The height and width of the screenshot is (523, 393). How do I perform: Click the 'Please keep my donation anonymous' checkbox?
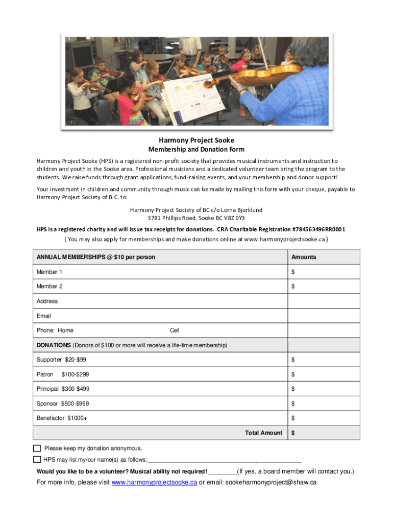click(x=37, y=448)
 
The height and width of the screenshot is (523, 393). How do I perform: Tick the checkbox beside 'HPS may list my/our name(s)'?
click(x=37, y=459)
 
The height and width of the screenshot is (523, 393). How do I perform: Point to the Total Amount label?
click(x=263, y=433)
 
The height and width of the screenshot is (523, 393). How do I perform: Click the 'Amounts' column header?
click(x=304, y=257)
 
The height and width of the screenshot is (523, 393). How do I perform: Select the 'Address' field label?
click(x=47, y=301)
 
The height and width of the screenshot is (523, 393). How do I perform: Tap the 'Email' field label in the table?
click(x=44, y=316)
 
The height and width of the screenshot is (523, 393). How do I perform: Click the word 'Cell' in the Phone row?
click(x=175, y=330)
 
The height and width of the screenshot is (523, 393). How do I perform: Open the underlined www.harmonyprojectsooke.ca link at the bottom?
click(x=154, y=483)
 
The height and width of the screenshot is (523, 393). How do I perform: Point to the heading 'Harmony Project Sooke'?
click(x=196, y=140)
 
